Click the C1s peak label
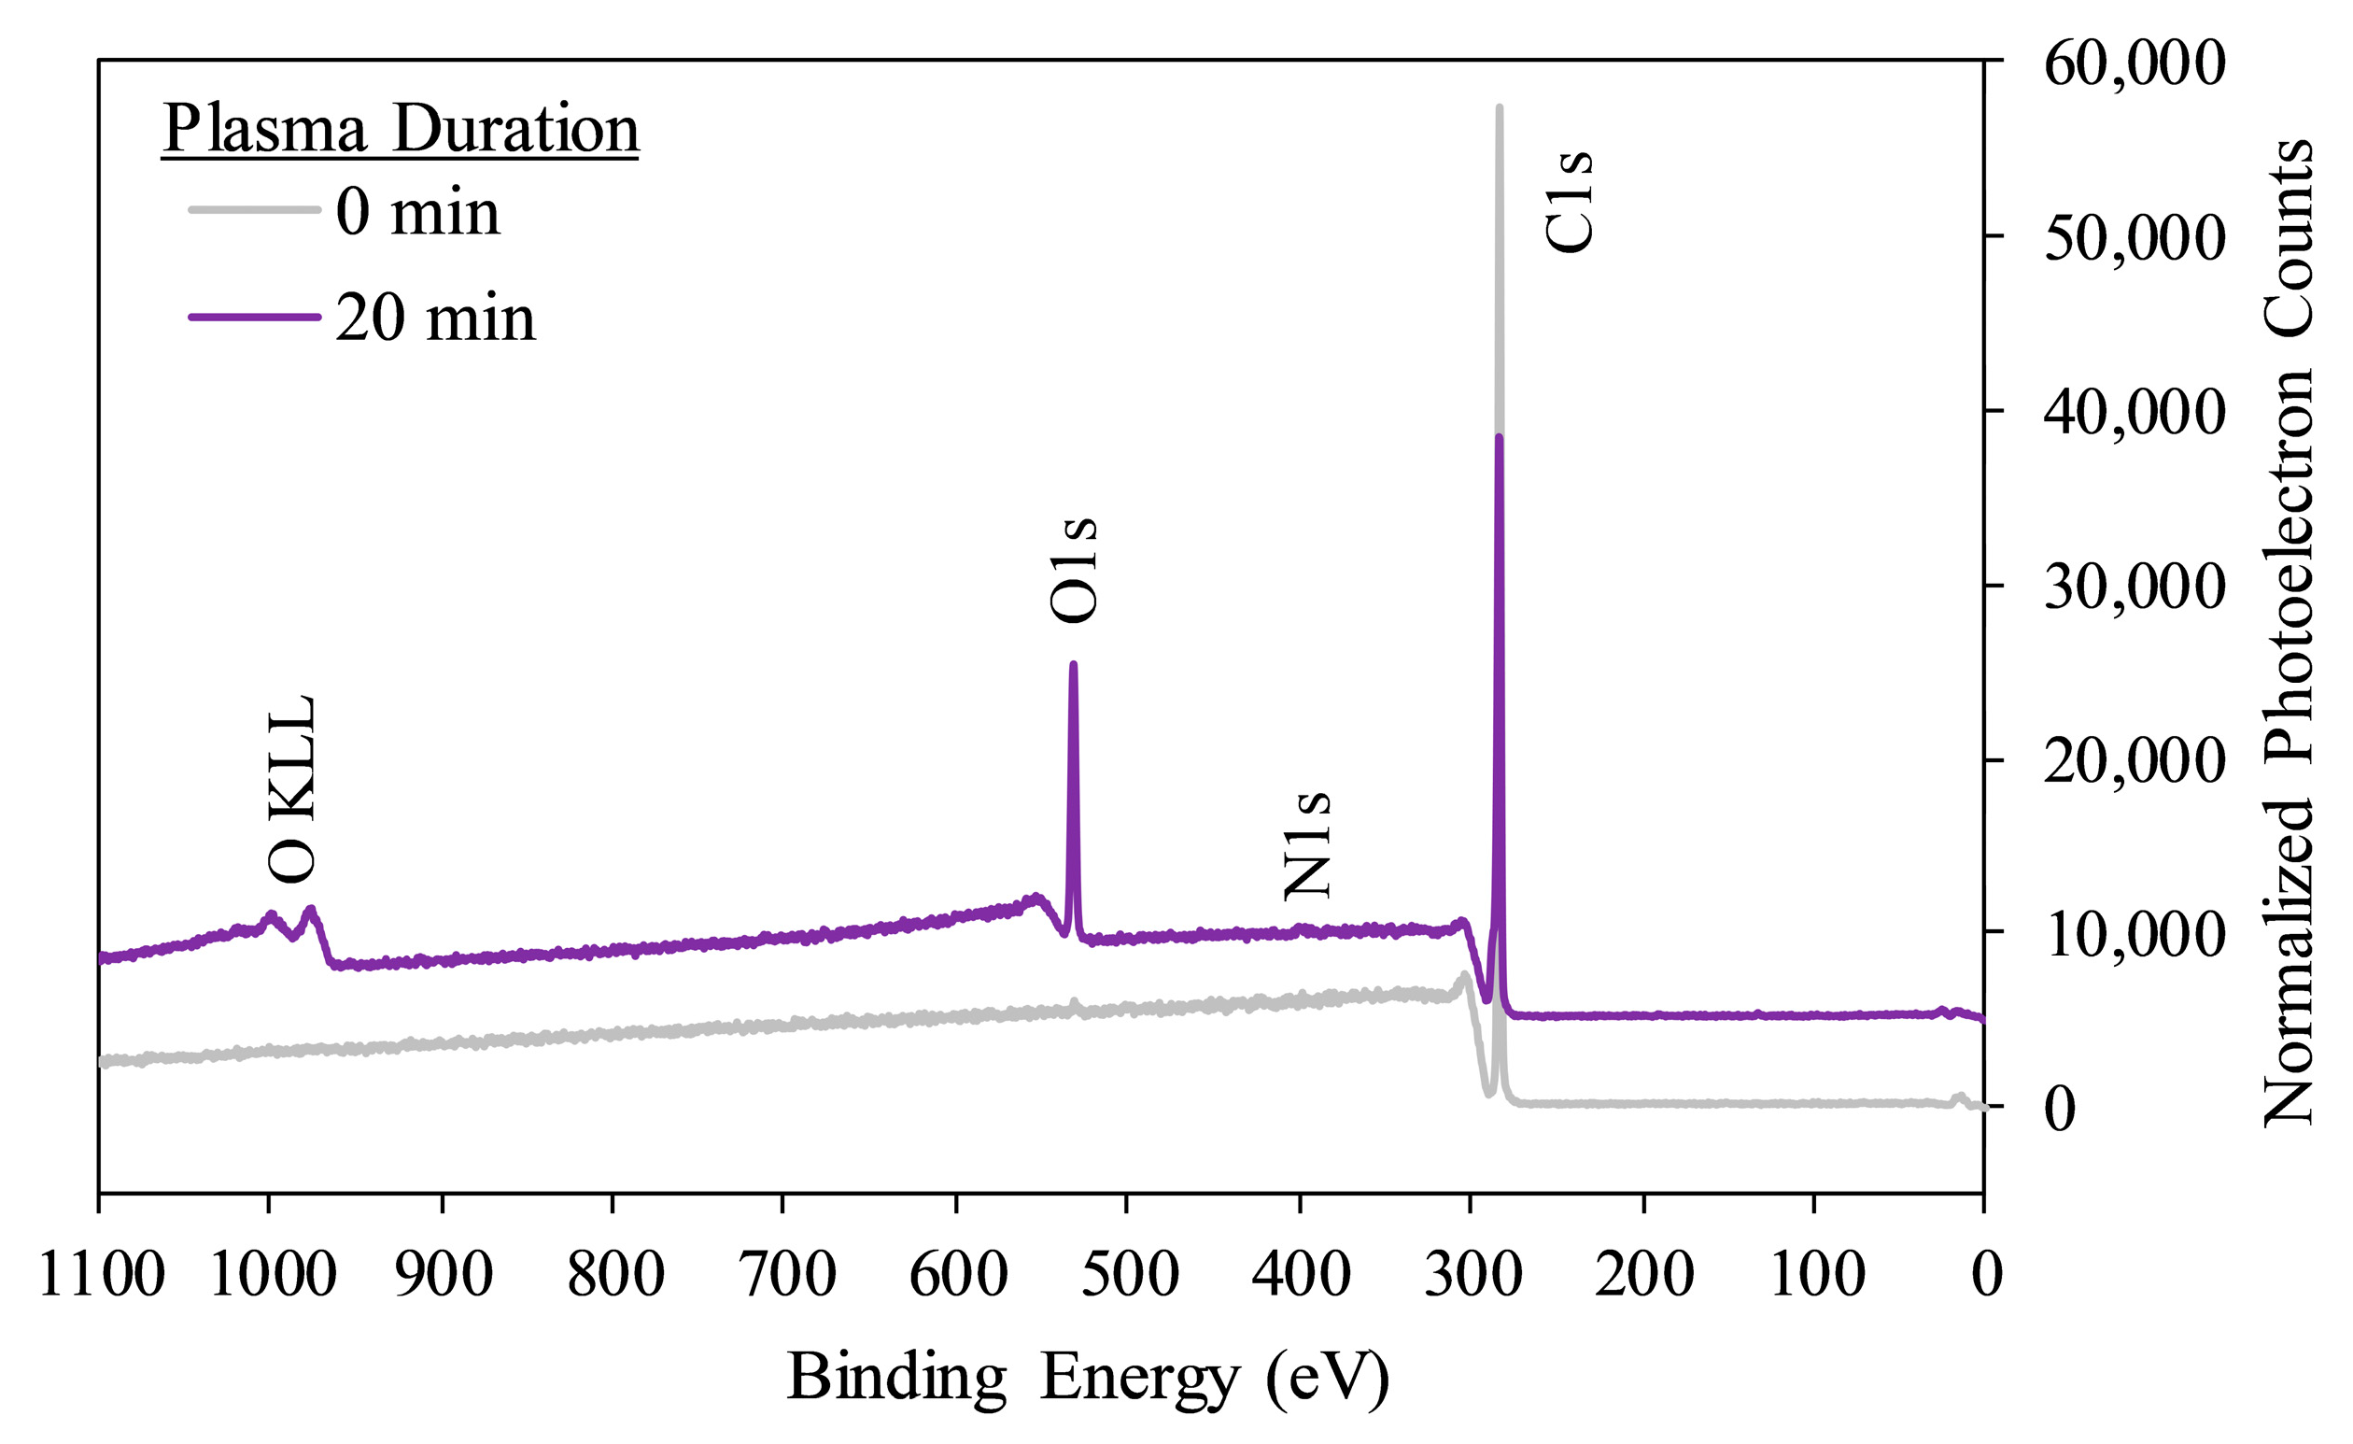point(1569,202)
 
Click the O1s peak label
point(1074,570)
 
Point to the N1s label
point(1307,846)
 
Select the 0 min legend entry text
point(417,212)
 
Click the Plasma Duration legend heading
point(401,129)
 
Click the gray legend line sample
point(254,210)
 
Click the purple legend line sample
point(254,317)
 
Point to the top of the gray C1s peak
point(1500,109)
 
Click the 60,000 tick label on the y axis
point(2135,63)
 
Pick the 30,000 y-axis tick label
point(2135,587)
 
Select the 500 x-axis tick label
point(1130,1275)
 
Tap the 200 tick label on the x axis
point(1644,1275)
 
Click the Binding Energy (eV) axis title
point(1087,1377)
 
